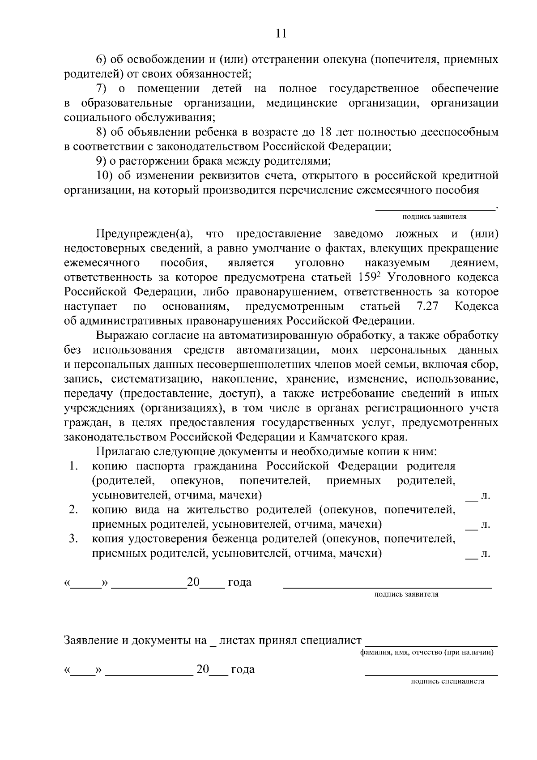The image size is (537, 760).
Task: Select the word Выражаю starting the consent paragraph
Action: click(120, 335)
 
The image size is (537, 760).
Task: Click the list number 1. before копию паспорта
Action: click(74, 466)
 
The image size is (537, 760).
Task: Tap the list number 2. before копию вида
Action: click(74, 509)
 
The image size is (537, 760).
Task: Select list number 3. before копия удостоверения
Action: click(74, 538)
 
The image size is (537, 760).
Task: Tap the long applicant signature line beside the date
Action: click(387, 586)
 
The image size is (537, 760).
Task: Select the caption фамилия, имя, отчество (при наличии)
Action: click(427, 653)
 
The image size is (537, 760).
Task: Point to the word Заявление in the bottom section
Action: click(91, 640)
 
